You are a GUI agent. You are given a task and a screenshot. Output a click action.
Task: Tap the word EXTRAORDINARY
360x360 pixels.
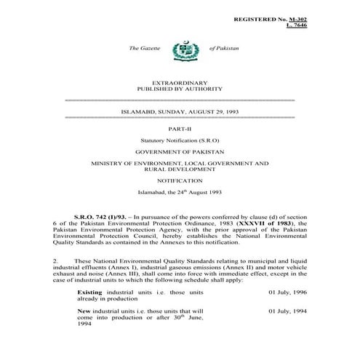click(x=180, y=85)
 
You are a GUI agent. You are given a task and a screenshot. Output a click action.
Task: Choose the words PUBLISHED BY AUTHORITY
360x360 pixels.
click(x=180, y=92)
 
